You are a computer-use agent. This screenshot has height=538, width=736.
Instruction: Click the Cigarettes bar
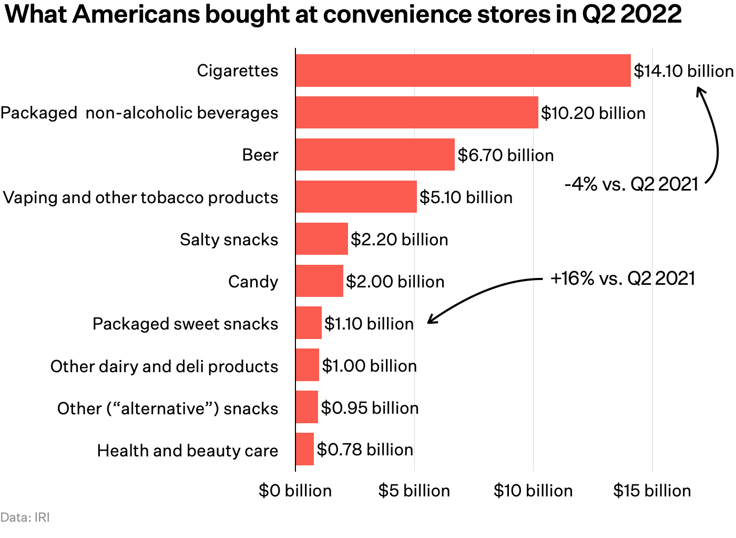(x=463, y=71)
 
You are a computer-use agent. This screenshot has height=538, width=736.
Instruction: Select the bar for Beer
(x=375, y=155)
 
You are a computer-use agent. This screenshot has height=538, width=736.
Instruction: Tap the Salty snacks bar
(x=322, y=239)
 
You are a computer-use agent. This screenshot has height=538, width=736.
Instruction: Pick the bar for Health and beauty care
(x=305, y=450)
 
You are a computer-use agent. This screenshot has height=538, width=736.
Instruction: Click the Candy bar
(x=319, y=281)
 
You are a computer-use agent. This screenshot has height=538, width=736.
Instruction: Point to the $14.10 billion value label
(x=683, y=71)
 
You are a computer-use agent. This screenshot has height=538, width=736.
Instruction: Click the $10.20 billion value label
(x=592, y=113)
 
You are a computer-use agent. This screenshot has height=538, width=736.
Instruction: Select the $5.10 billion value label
(x=466, y=197)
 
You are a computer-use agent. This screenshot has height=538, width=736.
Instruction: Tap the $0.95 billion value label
(x=370, y=408)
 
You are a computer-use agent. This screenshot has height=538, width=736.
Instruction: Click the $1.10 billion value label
(x=369, y=324)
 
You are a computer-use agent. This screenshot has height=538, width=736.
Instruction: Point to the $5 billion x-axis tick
(x=414, y=491)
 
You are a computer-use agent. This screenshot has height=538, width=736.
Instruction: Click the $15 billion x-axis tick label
(x=652, y=491)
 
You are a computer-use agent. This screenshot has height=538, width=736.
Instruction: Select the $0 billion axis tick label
(x=295, y=491)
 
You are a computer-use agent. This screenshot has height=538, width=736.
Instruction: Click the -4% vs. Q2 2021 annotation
(x=631, y=184)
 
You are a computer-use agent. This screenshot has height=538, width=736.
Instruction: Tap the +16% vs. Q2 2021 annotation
(x=622, y=278)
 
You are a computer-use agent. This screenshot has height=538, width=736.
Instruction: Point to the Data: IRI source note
(x=25, y=517)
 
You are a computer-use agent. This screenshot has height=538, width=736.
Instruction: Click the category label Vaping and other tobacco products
(x=140, y=197)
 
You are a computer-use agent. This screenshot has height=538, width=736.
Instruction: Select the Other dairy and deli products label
(x=164, y=366)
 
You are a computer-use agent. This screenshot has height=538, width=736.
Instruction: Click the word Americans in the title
(x=136, y=14)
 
